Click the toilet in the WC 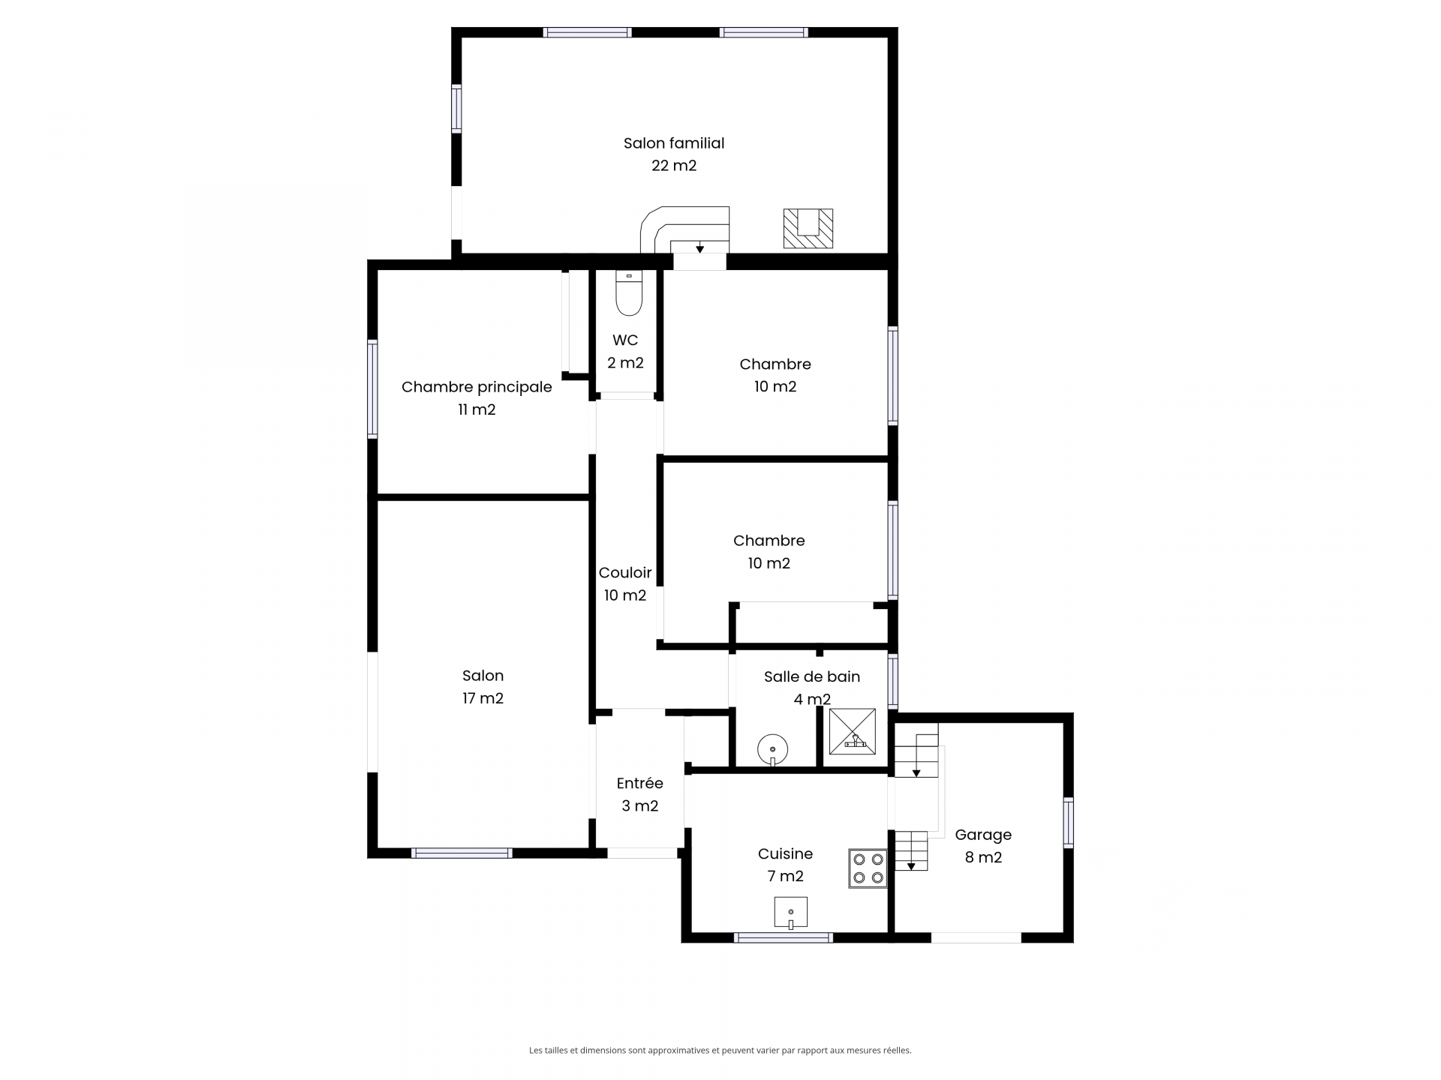click(x=629, y=293)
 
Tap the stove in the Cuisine click(x=868, y=868)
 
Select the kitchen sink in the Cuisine click(x=791, y=913)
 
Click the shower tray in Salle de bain click(x=853, y=731)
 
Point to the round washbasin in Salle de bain click(x=772, y=749)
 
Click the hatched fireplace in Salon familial click(x=808, y=228)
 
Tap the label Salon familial click(x=674, y=142)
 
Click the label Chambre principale click(x=477, y=387)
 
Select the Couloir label click(x=625, y=572)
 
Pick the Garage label click(x=983, y=835)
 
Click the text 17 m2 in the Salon click(x=483, y=698)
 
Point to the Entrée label click(x=640, y=783)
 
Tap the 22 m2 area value click(x=674, y=165)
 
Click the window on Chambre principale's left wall click(x=372, y=388)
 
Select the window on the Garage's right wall click(x=1069, y=823)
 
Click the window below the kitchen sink click(x=784, y=937)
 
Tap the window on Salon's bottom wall click(x=462, y=853)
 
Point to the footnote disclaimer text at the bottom click(x=720, y=1051)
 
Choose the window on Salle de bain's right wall click(x=893, y=681)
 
